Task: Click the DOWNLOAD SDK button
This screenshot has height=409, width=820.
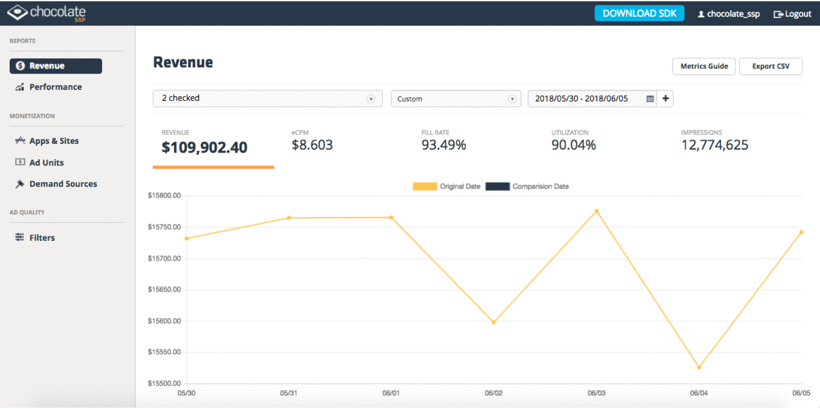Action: coord(639,14)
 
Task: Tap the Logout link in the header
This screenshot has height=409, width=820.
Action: coord(792,14)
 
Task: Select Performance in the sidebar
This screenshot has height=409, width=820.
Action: coord(55,87)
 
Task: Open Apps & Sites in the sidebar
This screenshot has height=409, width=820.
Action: coord(54,141)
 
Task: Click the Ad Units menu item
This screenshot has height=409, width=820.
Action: coord(46,163)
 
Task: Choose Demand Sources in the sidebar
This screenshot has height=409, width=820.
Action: coord(63,184)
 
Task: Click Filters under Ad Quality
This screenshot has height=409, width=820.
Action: coord(42,238)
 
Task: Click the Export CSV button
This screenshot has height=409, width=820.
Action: coord(770,67)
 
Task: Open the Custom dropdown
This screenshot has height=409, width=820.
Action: coord(455,99)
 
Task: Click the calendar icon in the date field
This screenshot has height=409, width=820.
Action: coord(650,99)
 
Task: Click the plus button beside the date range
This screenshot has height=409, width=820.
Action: coord(665,99)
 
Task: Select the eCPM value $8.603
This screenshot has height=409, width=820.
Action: coord(312,145)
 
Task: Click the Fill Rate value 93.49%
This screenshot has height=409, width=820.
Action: coord(443,145)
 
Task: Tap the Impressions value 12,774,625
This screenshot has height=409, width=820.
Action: coord(714,145)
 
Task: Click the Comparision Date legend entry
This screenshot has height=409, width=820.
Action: coord(527,187)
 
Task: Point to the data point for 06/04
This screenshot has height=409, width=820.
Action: coord(699,368)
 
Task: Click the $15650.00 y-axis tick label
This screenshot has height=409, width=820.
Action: coord(164,290)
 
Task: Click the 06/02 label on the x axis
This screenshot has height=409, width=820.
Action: coord(493,393)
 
